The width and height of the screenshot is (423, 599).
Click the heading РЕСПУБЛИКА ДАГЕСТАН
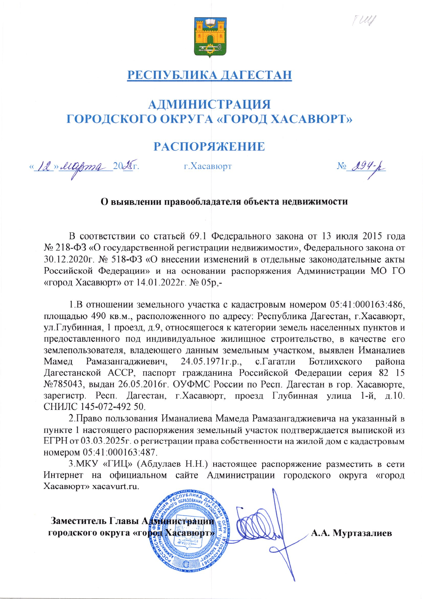pos(209,74)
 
